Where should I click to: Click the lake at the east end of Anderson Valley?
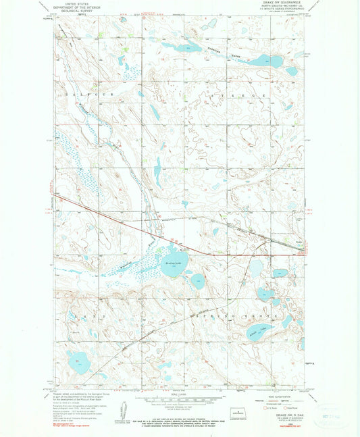261,61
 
